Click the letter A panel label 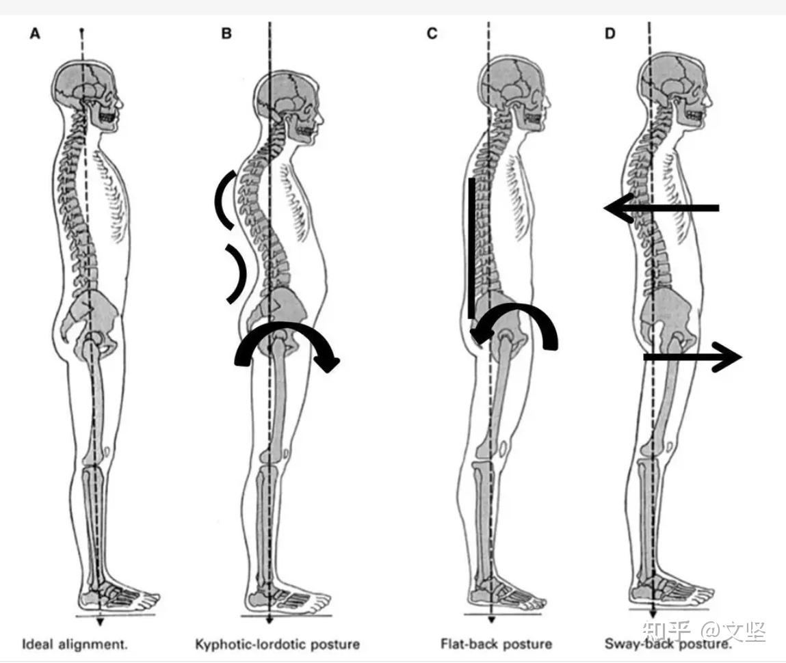pyautogui.click(x=35, y=33)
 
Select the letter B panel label pyautogui.click(x=226, y=33)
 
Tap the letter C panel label pyautogui.click(x=432, y=33)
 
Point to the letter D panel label pyautogui.click(x=610, y=33)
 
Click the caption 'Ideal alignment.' pyautogui.click(x=75, y=644)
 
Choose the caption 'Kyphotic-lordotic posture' pyautogui.click(x=277, y=644)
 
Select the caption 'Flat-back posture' pyautogui.click(x=496, y=644)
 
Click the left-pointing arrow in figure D pyautogui.click(x=661, y=208)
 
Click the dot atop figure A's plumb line pyautogui.click(x=82, y=31)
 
